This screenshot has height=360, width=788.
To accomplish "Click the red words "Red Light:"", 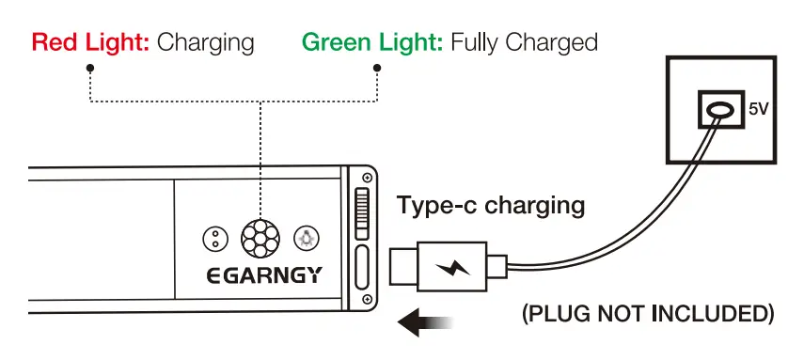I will pos(90,42).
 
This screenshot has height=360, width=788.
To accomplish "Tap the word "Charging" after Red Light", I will pos(206,42).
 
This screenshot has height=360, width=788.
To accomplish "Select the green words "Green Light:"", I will pos(371,42).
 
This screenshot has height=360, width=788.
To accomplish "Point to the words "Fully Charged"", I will pos(524,42).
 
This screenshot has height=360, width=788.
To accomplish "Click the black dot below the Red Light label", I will pos(89,69).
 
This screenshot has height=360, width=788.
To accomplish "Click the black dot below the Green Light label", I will pos(377,69).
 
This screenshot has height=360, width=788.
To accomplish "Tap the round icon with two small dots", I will pos(215,239).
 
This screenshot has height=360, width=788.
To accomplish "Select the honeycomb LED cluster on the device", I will pos(260,239).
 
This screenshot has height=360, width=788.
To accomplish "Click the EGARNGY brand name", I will pos(264,275).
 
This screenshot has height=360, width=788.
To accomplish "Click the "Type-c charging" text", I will pos(490,205).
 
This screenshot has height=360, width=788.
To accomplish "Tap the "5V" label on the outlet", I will pos(758,110).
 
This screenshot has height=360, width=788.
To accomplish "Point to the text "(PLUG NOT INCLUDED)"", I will pos(648,313).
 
